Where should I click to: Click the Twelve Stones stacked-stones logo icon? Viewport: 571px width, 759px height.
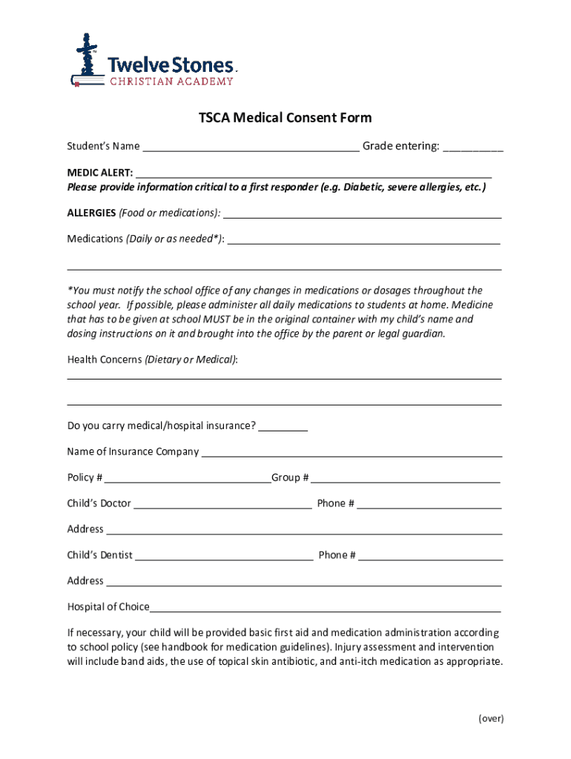click(87, 59)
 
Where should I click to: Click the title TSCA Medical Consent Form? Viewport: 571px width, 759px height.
click(285, 118)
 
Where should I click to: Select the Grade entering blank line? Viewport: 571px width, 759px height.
click(472, 146)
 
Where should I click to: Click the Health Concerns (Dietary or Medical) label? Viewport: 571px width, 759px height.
click(153, 359)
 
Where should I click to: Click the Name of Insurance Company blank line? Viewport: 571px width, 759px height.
click(351, 452)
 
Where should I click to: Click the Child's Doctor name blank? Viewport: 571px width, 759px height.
click(222, 504)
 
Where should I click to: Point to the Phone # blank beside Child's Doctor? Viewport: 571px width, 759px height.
click(429, 504)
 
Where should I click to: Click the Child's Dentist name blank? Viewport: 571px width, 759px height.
click(224, 556)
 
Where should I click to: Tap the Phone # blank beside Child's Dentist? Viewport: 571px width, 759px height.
click(431, 556)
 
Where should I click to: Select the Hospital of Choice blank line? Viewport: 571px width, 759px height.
click(325, 608)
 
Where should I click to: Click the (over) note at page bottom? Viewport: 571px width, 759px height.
click(491, 718)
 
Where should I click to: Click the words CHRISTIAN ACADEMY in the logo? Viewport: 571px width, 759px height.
click(171, 82)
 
